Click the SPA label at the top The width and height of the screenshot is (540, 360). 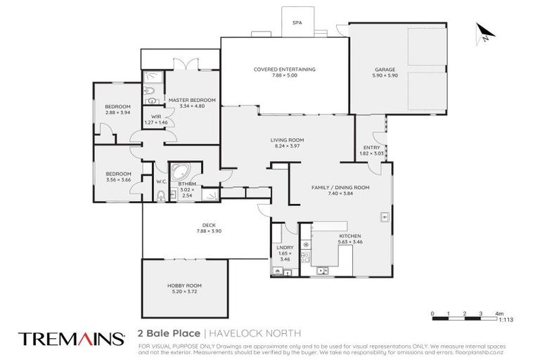coord(297,22)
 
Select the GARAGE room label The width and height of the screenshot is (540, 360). coord(385,70)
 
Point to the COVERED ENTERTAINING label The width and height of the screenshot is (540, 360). coord(284,70)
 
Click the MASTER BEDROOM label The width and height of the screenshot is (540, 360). coord(191,100)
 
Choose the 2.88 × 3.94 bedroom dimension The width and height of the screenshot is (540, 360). coord(118,112)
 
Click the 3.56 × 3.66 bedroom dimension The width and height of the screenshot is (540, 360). coord(118,180)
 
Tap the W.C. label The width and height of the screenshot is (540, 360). coord(161,181)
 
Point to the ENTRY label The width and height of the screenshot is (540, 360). coord(371,147)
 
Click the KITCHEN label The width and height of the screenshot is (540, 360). coord(350,236)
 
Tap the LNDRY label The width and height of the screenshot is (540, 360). coord(285,247)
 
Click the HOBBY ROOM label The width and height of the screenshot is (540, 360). coord(184,285)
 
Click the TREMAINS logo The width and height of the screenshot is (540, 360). coord(71,339)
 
